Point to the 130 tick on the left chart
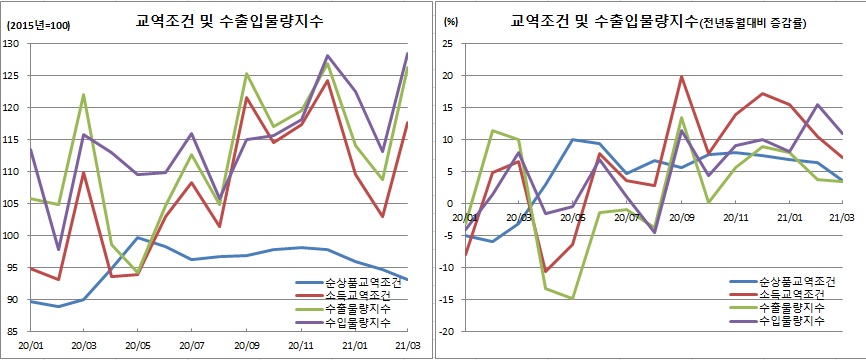point(14,45)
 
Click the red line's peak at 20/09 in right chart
point(681,77)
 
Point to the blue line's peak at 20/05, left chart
point(137,237)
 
